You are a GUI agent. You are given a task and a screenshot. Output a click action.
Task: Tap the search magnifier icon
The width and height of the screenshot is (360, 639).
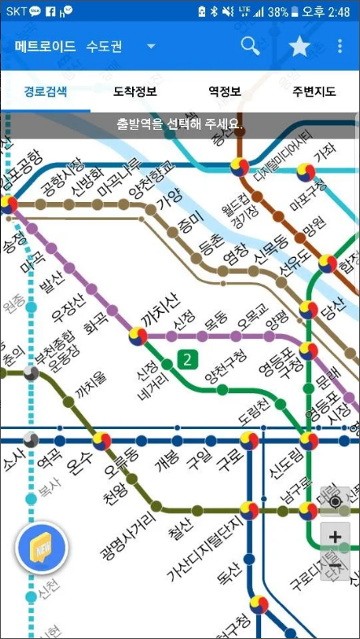point(251,45)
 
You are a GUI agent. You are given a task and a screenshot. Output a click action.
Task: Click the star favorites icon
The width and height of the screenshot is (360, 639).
point(299,46)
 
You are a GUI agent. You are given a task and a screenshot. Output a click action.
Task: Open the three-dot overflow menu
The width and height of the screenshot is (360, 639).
point(340,46)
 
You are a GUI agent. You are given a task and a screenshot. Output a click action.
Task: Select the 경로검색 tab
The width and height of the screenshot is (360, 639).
point(45,91)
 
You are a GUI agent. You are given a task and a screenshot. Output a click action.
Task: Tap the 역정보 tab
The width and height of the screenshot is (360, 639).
point(225,91)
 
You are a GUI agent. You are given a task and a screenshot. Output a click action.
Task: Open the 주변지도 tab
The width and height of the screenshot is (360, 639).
point(315,91)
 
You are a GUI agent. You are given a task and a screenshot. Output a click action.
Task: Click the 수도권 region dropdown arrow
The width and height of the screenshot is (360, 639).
point(151,46)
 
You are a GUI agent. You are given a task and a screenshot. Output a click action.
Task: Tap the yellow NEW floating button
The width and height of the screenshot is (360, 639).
point(42,548)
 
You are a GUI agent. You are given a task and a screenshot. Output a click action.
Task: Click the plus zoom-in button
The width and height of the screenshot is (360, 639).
point(335,535)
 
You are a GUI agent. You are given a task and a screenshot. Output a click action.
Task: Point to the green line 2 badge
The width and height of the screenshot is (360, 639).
point(188,359)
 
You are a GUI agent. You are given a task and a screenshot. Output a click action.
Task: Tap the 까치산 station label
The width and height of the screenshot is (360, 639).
point(160,311)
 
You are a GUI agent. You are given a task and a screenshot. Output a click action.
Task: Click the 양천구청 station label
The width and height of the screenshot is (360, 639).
point(226,367)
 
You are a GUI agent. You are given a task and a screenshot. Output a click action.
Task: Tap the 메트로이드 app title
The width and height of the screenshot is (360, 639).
point(45,46)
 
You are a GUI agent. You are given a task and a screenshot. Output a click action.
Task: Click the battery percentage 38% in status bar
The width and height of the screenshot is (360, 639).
point(278,12)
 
